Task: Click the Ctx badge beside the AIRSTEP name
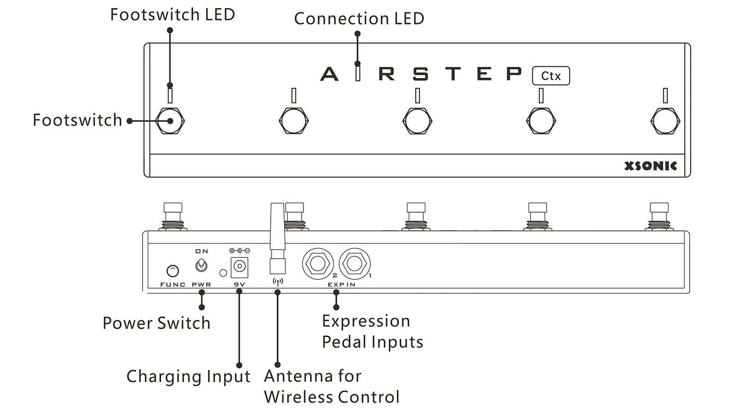[551, 76]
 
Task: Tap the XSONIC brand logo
[650, 166]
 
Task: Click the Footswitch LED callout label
[173, 15]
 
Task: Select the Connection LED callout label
[359, 19]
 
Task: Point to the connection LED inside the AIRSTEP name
[357, 73]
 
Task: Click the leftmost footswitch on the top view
[170, 121]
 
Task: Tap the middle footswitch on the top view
[417, 121]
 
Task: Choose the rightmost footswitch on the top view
[665, 121]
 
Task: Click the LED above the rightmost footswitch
[665, 95]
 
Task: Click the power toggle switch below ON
[202, 266]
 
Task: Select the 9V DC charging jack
[239, 266]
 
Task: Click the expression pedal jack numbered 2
[317, 264]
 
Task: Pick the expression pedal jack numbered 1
[354, 264]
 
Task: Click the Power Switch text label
[156, 323]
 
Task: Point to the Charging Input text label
[188, 376]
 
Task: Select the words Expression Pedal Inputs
[372, 332]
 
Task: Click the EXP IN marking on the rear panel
[342, 285]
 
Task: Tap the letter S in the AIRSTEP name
[420, 74]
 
